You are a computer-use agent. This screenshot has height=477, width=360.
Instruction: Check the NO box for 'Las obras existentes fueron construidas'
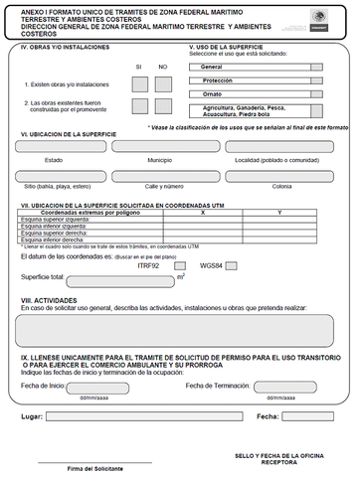(x=165, y=105)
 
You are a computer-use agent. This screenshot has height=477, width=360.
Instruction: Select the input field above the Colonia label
(x=280, y=175)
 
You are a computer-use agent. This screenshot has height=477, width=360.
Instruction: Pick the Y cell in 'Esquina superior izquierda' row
(x=279, y=220)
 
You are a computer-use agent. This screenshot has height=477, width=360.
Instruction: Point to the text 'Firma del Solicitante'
(x=95, y=467)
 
